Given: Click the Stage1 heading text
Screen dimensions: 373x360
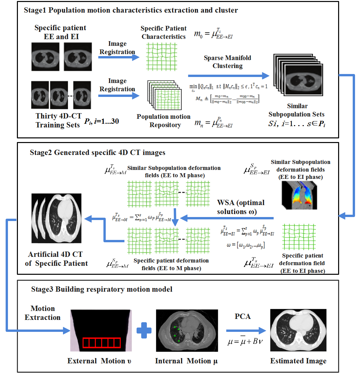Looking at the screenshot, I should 131,10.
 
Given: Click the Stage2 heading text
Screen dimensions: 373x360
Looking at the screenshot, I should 97,153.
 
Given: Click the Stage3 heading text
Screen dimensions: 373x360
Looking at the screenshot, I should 102,289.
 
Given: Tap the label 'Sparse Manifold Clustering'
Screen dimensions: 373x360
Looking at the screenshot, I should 227,62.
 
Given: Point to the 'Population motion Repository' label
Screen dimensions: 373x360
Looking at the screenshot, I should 164,121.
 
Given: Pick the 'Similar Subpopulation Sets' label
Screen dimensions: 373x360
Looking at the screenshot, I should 297,110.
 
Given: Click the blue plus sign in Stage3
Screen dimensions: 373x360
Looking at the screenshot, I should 144,331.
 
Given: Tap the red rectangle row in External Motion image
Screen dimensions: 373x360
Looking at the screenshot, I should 101,342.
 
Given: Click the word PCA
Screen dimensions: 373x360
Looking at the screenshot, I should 243,317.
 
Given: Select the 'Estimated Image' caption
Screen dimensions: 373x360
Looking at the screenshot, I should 298,361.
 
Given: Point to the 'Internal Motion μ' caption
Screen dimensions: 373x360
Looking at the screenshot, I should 186,361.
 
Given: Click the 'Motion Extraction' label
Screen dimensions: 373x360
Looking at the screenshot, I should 43,313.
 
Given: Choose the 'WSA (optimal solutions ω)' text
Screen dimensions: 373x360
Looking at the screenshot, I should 241,207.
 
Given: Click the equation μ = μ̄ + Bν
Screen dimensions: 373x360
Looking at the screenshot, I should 245,341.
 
